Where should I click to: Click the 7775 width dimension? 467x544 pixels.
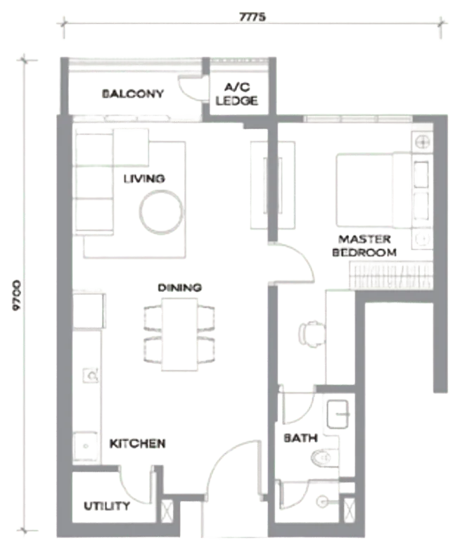pos(252,17)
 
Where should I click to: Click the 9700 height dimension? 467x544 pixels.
pos(16,296)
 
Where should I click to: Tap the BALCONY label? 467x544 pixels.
pos(132,94)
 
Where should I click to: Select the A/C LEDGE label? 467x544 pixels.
pos(237,94)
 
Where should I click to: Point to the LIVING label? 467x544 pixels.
pos(144,179)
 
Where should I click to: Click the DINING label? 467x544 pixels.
pos(179,288)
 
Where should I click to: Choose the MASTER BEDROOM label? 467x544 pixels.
pos(364,246)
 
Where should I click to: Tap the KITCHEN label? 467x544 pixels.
pos(137,443)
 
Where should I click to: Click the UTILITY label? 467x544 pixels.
pos(107,506)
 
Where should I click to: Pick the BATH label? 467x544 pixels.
pos(300,438)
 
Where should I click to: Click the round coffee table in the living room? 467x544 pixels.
pos(161,212)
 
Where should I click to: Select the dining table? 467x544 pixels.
pos(179,334)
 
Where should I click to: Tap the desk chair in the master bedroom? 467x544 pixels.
pos(311,334)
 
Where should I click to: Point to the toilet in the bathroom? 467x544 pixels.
pos(324,458)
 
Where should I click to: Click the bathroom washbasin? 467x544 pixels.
pos(338,415)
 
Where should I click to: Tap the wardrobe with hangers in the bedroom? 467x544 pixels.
pos(391,276)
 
